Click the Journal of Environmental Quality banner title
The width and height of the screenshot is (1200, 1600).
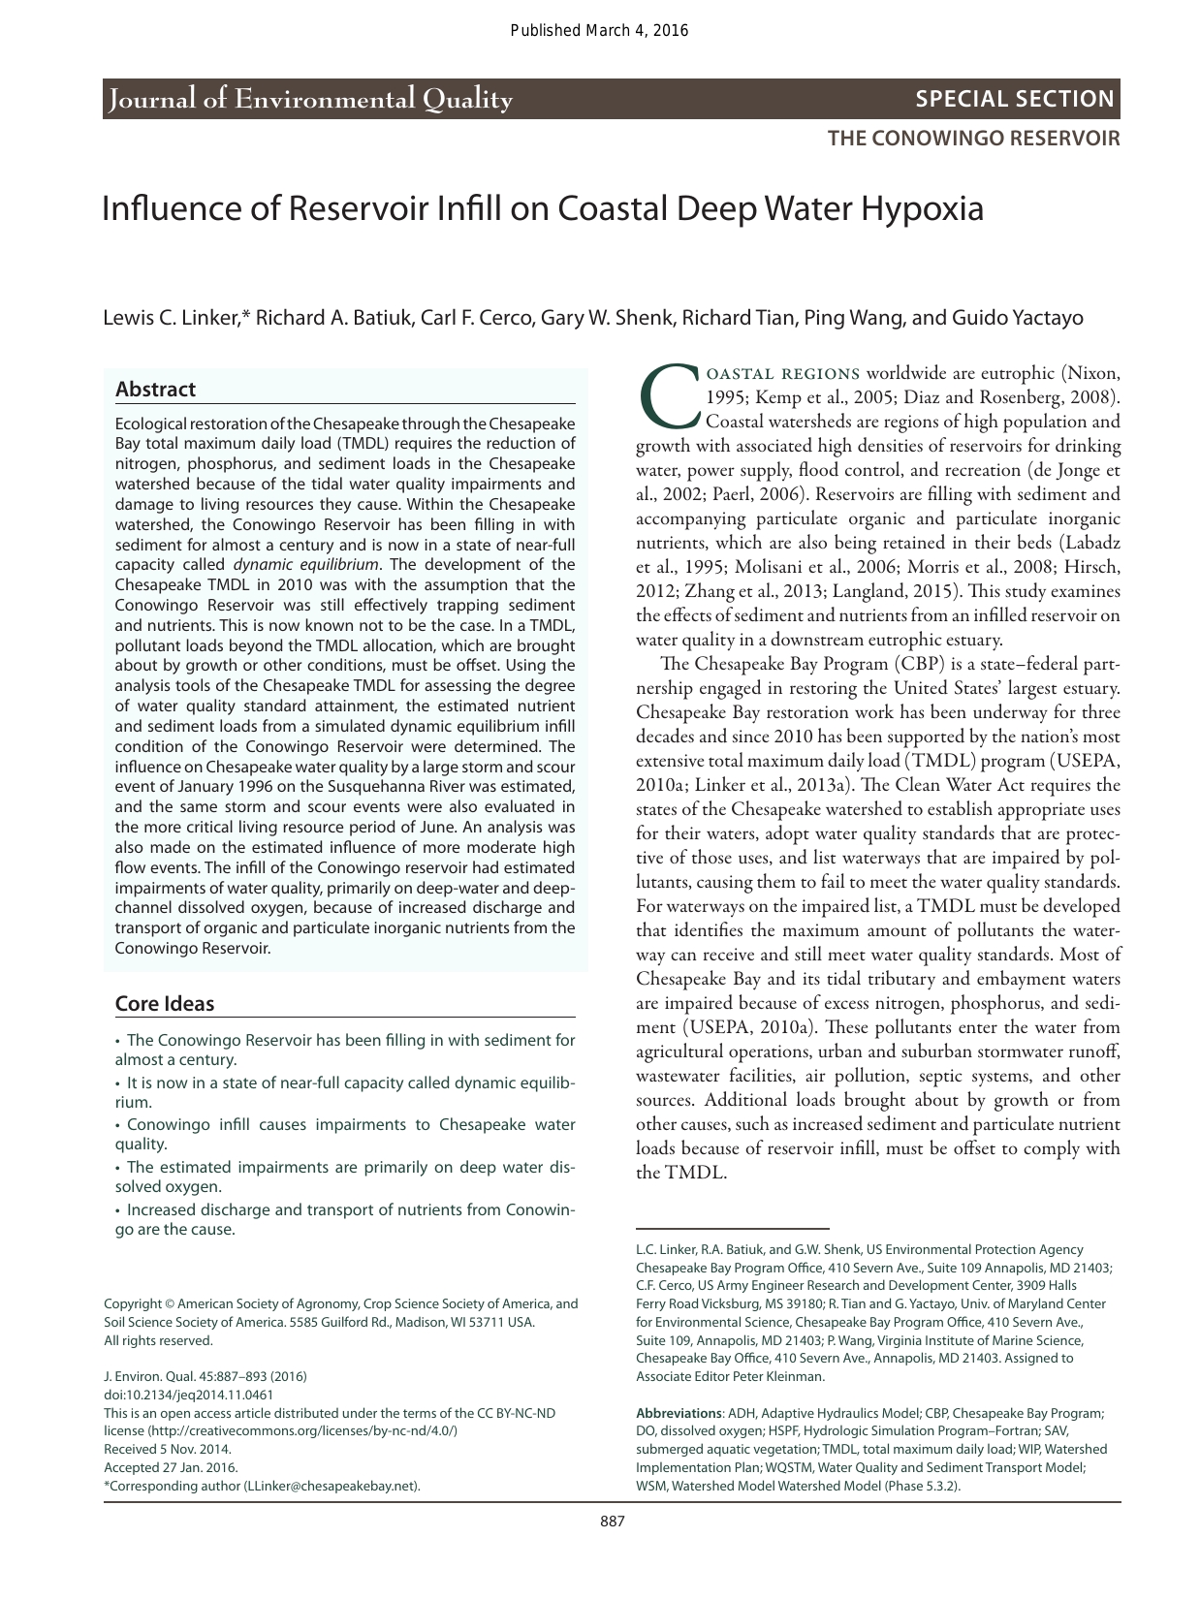311,99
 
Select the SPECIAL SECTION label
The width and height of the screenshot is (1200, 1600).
1015,99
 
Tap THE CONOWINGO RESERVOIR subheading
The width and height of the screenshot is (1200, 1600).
973,138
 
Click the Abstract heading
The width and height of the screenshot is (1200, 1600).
155,390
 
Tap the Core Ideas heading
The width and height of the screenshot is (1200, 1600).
165,1004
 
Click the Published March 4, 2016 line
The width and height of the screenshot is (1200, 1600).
599,30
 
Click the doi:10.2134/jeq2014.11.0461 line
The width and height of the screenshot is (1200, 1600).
188,1395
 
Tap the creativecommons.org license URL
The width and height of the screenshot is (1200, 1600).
300,1430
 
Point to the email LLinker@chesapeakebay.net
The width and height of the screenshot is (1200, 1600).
331,1485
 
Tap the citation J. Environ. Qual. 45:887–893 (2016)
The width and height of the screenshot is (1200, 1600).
205,1376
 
